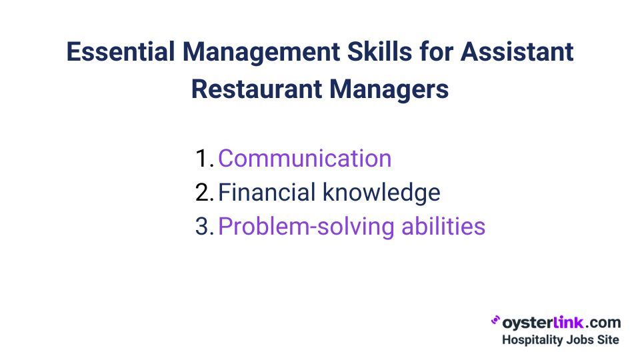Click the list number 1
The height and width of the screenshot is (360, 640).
(203, 159)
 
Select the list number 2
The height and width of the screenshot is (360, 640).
(203, 193)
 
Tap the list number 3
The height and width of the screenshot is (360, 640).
(203, 227)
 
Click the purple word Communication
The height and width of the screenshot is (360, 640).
(305, 159)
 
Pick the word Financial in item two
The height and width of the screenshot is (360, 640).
(267, 193)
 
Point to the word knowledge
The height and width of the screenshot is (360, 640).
(381, 193)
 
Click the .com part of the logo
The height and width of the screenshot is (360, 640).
(604, 323)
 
